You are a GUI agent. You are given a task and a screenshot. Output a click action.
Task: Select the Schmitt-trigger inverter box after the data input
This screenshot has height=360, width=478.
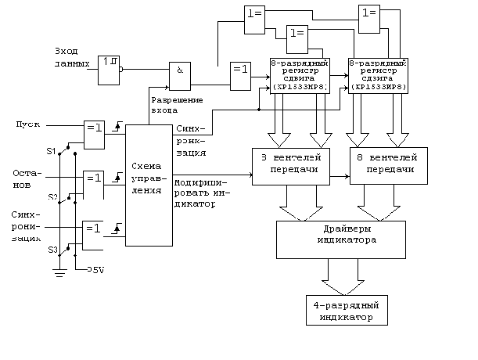109,70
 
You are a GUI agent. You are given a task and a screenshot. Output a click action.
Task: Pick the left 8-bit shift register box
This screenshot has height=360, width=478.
299,75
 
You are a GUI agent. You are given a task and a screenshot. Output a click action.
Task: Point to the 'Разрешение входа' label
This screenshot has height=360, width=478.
176,105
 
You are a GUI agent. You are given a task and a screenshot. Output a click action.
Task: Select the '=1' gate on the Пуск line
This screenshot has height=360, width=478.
93,131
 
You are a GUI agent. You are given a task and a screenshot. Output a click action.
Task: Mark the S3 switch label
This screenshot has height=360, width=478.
53,250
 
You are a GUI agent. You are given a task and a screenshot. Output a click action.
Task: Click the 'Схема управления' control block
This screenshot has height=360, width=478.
148,185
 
